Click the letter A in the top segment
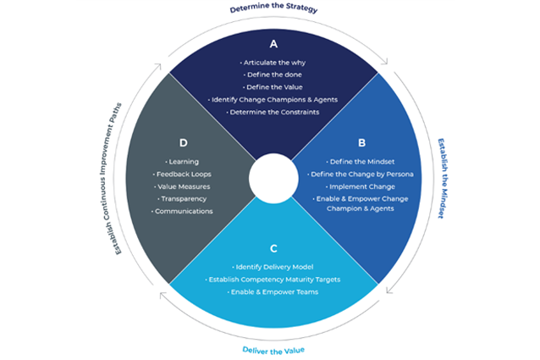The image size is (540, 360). click(x=273, y=44)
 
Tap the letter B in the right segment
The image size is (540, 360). click(x=361, y=142)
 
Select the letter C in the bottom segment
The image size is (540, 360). click(x=273, y=248)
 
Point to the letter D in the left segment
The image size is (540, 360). click(x=184, y=142)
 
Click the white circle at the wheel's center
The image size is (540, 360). click(x=273, y=179)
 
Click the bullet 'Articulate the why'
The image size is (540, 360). click(x=273, y=63)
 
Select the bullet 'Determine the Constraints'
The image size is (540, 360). click(x=273, y=112)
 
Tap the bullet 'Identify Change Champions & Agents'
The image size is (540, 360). click(x=273, y=100)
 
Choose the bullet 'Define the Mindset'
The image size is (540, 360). click(x=361, y=162)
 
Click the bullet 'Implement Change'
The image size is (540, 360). click(x=361, y=186)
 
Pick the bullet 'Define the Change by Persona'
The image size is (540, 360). click(x=361, y=174)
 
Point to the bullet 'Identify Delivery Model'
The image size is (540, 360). click(x=273, y=267)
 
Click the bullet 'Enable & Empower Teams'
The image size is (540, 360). click(x=273, y=292)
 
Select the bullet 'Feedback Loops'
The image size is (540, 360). click(x=182, y=174)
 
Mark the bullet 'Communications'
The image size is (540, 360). click(x=182, y=211)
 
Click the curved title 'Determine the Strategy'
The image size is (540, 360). click(x=273, y=7)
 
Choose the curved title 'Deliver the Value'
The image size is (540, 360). click(x=273, y=351)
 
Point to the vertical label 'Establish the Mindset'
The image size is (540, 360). click(x=443, y=179)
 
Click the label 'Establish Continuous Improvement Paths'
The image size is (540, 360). click(x=111, y=179)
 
